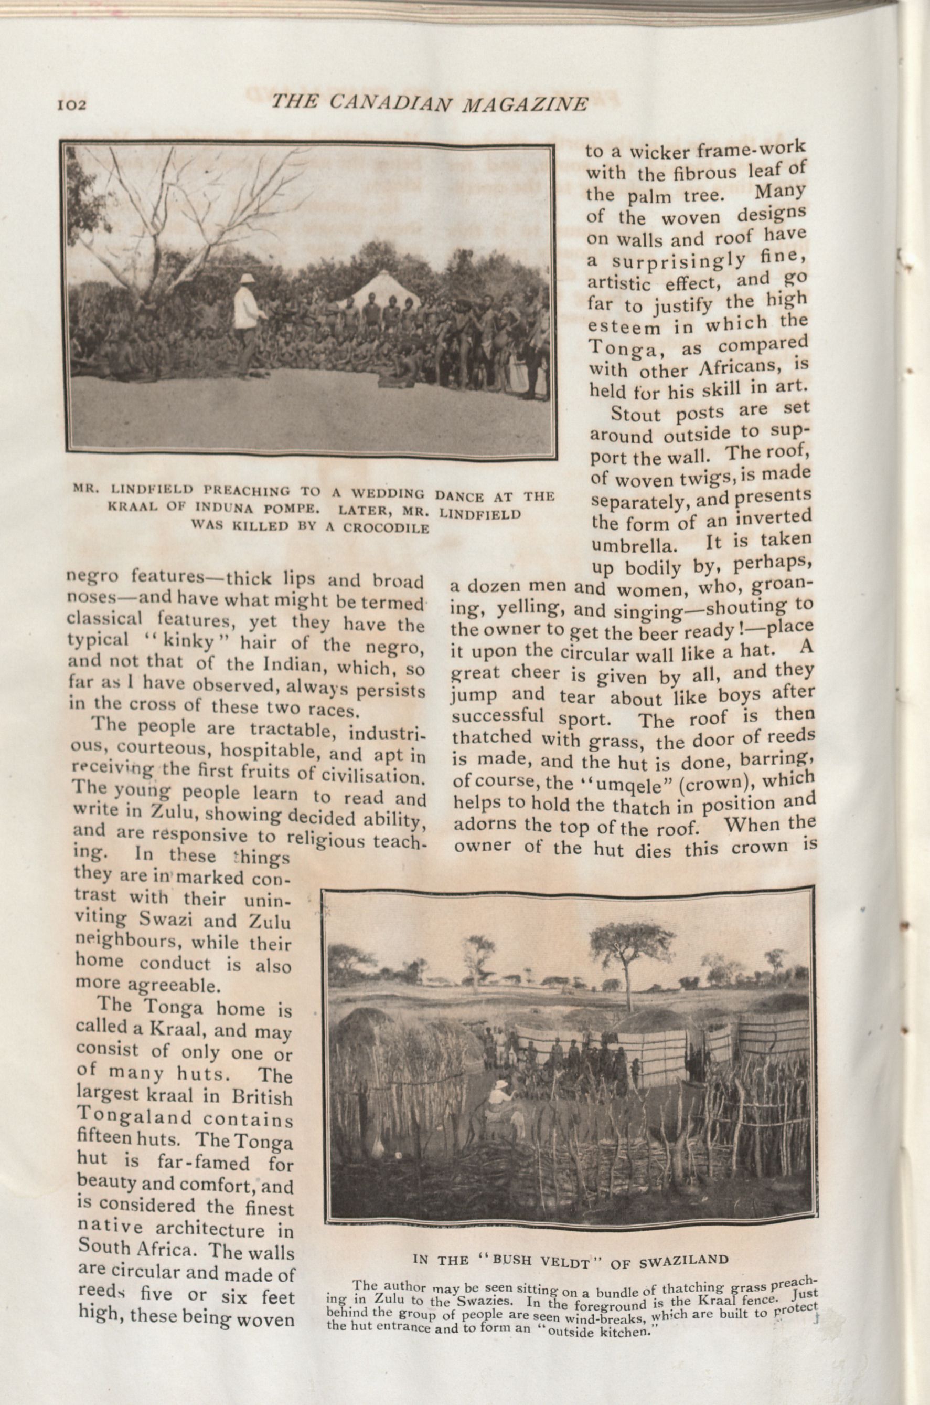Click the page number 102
72,105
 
